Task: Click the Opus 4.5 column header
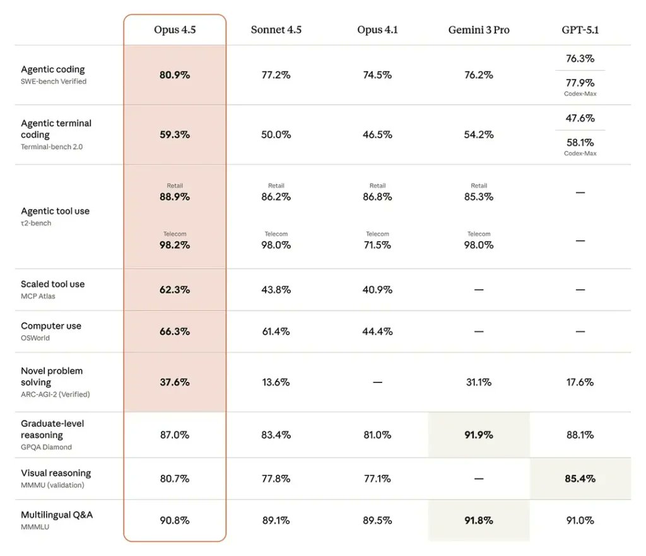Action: pyautogui.click(x=175, y=30)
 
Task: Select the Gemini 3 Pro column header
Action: pyautogui.click(x=479, y=30)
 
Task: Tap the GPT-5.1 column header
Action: pyautogui.click(x=580, y=30)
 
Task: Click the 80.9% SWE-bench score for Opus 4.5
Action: pyautogui.click(x=175, y=74)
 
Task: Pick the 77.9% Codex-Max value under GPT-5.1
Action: pyautogui.click(x=580, y=83)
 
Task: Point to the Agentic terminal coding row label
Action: pyautogui.click(x=56, y=129)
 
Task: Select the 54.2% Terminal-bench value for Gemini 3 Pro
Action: pyautogui.click(x=479, y=134)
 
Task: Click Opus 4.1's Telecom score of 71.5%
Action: pyautogui.click(x=377, y=245)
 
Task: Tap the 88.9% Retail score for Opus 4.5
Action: pyautogui.click(x=175, y=196)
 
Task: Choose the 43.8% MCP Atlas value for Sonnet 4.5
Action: pyautogui.click(x=276, y=290)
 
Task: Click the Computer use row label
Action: pyautogui.click(x=51, y=326)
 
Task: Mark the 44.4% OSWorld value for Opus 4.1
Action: pyautogui.click(x=377, y=331)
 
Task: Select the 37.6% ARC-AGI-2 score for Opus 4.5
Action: pyautogui.click(x=175, y=382)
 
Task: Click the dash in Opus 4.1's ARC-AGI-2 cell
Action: pyautogui.click(x=377, y=382)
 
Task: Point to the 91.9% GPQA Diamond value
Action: pyautogui.click(x=479, y=435)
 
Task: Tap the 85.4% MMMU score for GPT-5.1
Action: pyautogui.click(x=580, y=478)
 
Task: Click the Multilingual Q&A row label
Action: pyautogui.click(x=57, y=514)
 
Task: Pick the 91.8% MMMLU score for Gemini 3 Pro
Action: pyautogui.click(x=479, y=520)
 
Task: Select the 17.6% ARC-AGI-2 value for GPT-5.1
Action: pyautogui.click(x=580, y=382)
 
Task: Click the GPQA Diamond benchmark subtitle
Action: pyautogui.click(x=46, y=447)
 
